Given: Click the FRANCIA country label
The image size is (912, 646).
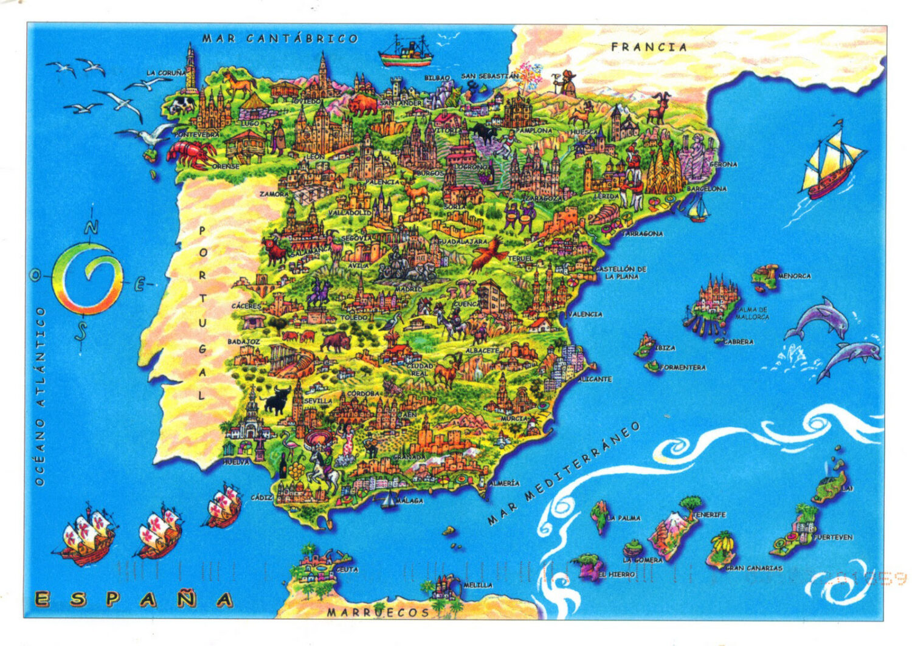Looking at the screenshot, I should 649,47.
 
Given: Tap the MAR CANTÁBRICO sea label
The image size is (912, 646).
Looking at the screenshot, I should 280,38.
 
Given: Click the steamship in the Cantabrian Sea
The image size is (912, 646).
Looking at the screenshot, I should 406,51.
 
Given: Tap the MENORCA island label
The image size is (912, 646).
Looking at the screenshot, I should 794,276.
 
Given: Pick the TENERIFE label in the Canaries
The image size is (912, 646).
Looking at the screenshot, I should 710,515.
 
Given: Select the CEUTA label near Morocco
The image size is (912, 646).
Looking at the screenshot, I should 347,569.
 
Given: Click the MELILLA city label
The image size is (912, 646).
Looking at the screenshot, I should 478,585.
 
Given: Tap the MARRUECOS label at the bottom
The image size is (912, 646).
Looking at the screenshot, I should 378,612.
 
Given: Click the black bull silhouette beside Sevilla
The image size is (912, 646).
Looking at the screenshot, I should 276,399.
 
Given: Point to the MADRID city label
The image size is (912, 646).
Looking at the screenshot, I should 409,289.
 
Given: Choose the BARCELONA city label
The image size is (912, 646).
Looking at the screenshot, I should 706,189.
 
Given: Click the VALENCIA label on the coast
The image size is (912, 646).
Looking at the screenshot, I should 586,314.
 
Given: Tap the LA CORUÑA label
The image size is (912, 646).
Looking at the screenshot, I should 166,73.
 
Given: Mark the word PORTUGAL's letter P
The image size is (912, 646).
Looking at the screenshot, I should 202,231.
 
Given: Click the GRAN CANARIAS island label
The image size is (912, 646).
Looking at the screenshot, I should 754,568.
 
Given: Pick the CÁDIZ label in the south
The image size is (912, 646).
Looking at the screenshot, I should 261,497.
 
